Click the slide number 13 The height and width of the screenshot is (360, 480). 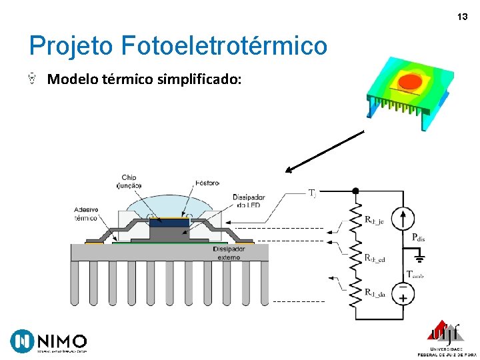click(462, 17)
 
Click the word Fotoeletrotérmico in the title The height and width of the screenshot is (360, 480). click(225, 46)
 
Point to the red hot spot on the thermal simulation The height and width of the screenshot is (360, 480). click(410, 83)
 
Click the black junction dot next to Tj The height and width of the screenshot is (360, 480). click(355, 191)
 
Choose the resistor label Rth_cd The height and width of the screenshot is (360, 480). click(374, 257)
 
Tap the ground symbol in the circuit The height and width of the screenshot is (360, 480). click(419, 255)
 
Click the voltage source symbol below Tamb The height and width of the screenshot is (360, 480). click(403, 293)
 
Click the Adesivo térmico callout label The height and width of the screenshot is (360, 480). click(85, 214)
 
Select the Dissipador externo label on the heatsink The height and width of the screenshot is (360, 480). click(228, 253)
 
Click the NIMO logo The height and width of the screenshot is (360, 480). click(49, 341)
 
